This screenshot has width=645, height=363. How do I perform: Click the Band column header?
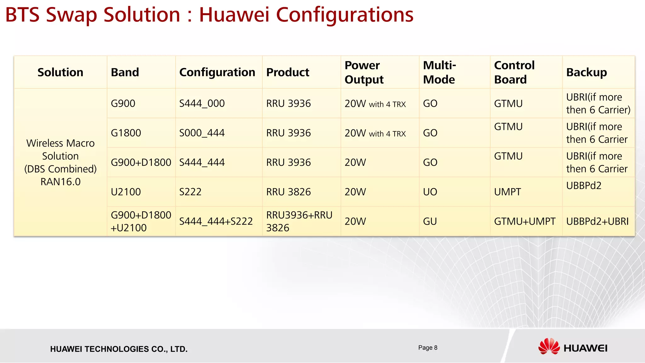pos(125,72)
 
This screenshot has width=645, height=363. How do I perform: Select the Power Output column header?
pos(364,72)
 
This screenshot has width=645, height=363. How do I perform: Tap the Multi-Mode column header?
pos(439,72)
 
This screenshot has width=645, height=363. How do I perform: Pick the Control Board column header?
pos(514,72)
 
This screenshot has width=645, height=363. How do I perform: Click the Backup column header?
pos(586,72)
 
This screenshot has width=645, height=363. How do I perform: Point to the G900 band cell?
pos(123,103)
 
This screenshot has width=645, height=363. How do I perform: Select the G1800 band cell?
pos(126,133)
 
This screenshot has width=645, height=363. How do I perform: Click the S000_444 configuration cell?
pos(202,133)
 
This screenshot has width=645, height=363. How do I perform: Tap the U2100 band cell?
pos(126,192)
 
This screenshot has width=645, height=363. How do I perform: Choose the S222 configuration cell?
pos(190,192)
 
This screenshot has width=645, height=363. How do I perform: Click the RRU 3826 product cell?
pos(288,192)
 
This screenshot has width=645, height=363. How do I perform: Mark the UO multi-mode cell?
pos(430,192)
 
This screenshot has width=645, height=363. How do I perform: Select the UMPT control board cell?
pos(508,192)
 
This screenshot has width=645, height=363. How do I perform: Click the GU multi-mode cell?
pos(430,222)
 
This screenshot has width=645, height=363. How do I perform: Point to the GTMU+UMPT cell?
pos(525,222)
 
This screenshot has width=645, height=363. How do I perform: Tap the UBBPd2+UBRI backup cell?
pos(597,222)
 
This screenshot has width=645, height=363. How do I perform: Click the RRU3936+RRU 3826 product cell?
pos(299,221)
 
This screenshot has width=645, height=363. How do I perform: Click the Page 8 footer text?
pos(428,348)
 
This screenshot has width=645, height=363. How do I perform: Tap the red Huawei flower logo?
pos(549,346)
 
